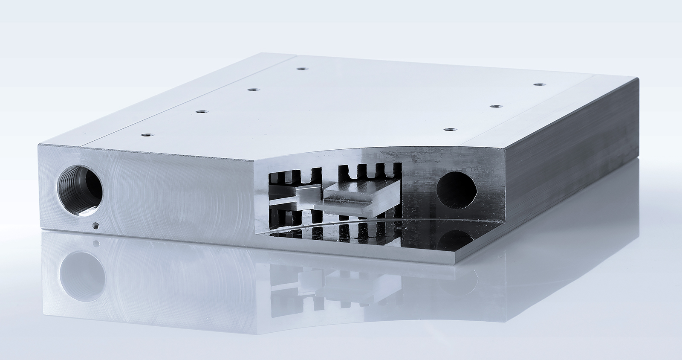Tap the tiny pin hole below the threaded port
pyautogui.click(x=95, y=226)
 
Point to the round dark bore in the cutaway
pyautogui.click(x=457, y=188)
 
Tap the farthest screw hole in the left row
pyautogui.click(x=302, y=68)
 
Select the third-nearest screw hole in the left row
pyautogui.click(x=253, y=89)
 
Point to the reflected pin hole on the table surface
pyautogui.click(x=96, y=244)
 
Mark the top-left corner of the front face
pyautogui.click(x=39, y=145)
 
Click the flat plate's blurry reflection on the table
pyautogui.click(x=341, y=286)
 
